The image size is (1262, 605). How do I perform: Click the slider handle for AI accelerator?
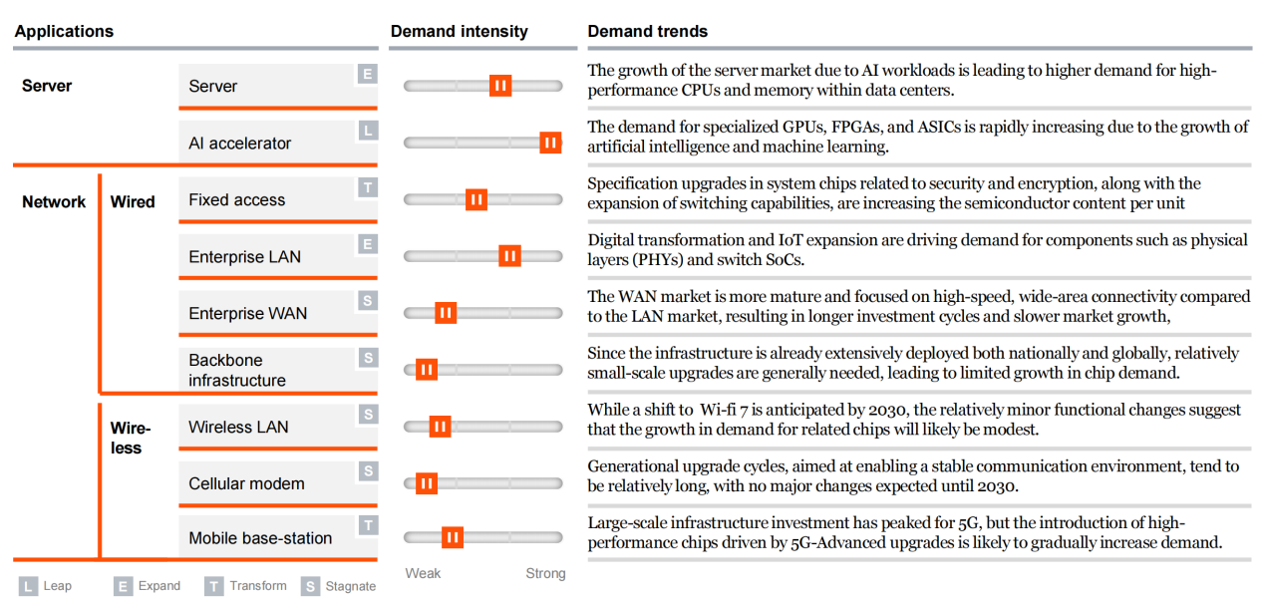point(550,143)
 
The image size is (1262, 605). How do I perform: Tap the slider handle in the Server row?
point(500,86)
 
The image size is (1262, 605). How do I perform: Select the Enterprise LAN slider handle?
point(509,256)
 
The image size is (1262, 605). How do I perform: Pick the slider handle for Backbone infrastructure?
point(427,370)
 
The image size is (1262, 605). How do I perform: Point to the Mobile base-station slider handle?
point(453,538)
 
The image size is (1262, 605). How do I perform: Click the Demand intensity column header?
point(459,32)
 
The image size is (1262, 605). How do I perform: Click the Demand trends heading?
point(647,32)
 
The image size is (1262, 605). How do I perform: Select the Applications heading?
point(64,32)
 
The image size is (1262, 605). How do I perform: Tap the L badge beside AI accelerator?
point(368,131)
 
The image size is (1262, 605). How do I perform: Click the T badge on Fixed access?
point(368,187)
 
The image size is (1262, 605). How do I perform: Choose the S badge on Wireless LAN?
point(368,415)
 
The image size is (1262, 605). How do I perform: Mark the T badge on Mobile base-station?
point(368,525)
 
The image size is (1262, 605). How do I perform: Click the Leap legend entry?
point(46,586)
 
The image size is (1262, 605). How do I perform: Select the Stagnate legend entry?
point(340,586)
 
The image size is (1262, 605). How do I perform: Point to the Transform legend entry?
point(245,586)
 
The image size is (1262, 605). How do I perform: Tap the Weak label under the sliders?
point(423,573)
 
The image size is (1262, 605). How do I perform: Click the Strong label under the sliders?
point(545,573)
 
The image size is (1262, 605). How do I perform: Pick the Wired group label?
point(133,202)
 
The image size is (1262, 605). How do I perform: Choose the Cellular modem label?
point(246,484)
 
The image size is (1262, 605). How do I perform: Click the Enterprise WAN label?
point(247,314)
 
